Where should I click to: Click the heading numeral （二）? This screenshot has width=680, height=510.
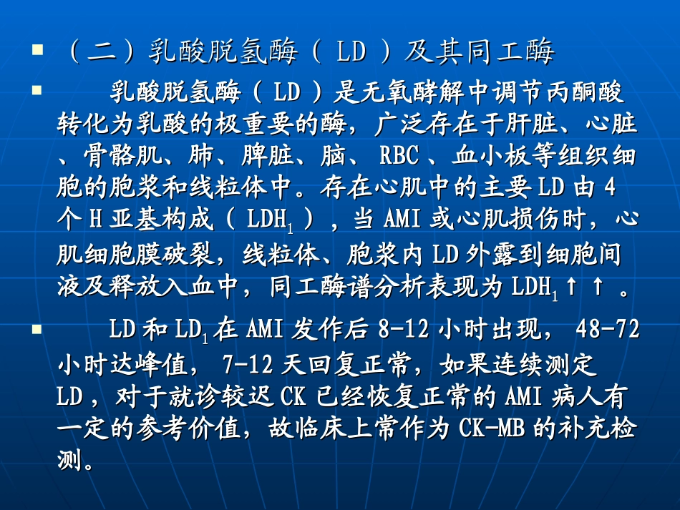click(x=100, y=53)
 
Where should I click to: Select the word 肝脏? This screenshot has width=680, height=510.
click(x=527, y=125)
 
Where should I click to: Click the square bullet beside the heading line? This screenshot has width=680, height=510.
click(x=38, y=52)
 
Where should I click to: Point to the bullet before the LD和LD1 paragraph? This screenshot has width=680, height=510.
click(x=38, y=330)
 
